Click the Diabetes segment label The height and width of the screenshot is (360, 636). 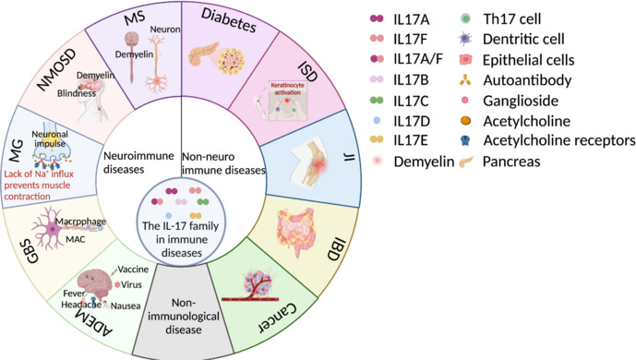coord(229,20)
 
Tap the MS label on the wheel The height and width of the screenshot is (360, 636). coord(135,18)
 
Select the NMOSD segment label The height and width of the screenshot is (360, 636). coord(56,70)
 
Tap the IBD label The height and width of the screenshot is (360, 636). coord(336,250)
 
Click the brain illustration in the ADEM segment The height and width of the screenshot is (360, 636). coord(94,283)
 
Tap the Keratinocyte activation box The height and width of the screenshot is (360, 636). coord(288,101)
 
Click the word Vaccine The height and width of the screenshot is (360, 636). coord(133,270)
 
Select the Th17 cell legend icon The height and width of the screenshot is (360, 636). coord(466,18)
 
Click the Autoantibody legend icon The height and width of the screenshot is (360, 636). coord(465,80)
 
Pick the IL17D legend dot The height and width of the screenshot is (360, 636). coord(377,120)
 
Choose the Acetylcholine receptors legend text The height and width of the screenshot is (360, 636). coord(559,140)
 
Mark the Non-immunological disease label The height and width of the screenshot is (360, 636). coord(184,317)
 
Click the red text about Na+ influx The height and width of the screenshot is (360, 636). coord(39,186)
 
